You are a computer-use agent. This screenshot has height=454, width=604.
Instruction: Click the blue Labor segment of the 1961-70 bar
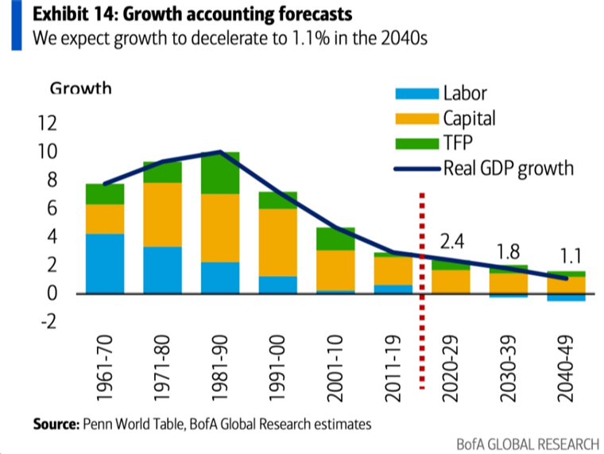click(x=105, y=263)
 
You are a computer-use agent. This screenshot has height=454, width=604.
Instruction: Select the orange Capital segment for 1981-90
click(x=219, y=228)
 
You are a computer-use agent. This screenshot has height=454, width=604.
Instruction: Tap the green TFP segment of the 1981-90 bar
click(x=219, y=173)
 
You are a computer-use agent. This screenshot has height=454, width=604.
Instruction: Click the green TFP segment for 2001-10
click(x=334, y=239)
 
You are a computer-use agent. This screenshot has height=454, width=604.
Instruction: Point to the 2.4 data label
click(x=452, y=242)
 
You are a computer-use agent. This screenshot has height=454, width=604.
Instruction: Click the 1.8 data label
click(x=509, y=252)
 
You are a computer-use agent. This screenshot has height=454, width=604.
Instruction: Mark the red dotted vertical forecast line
click(x=421, y=254)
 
